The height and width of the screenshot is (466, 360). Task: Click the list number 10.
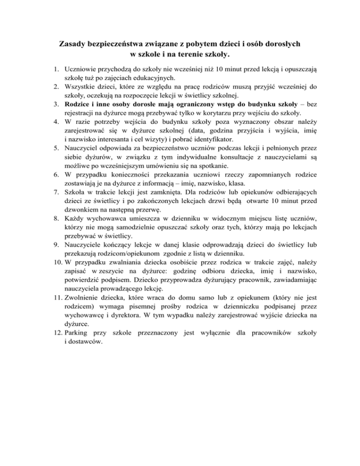coord(56,259)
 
